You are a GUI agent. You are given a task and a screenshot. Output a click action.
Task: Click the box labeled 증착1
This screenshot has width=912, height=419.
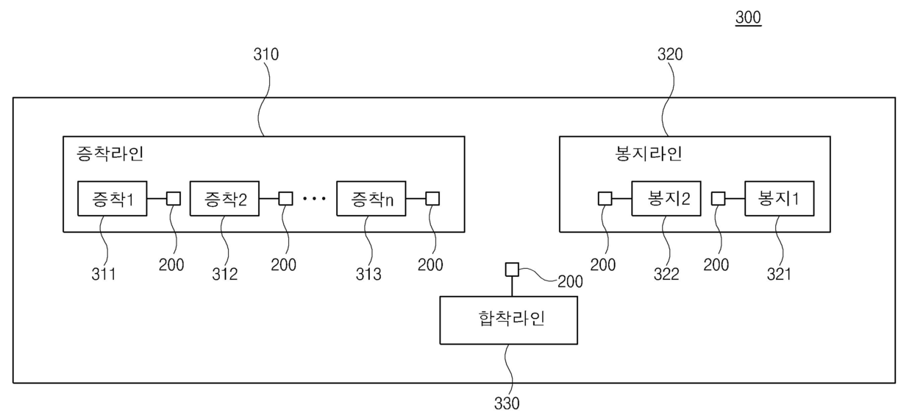pos(112,199)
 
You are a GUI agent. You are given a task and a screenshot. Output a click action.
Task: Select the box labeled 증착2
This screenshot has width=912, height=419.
pos(224,199)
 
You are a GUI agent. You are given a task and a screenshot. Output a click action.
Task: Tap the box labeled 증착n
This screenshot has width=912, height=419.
pos(371,199)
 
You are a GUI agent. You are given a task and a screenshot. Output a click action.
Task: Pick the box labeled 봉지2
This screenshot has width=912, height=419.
pos(666,199)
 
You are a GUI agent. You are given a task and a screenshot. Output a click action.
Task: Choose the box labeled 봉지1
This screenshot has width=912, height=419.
pos(779,199)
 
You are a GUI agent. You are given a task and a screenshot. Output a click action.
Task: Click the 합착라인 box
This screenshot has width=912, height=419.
pos(508,320)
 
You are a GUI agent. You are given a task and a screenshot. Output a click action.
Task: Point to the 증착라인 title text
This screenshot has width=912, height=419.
pos(110,155)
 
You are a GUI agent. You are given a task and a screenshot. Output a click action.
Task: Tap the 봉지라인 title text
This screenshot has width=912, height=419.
pos(648,155)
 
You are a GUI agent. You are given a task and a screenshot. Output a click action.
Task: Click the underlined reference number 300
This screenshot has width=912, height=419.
pos(748,18)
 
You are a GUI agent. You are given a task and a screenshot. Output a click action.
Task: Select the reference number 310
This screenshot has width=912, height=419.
pos(266,54)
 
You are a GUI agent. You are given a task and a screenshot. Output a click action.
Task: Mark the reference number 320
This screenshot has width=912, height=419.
pos(669,54)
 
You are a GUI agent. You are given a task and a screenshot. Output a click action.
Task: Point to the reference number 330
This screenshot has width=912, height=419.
pos(506,404)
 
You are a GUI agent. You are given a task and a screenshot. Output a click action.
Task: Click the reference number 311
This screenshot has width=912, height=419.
pos(104,275)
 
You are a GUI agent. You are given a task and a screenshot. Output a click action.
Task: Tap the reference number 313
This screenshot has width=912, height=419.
pos(368,275)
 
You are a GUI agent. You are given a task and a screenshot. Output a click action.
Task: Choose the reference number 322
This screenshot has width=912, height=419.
pos(667,275)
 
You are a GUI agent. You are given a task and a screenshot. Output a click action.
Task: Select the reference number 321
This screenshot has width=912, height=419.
pos(779,275)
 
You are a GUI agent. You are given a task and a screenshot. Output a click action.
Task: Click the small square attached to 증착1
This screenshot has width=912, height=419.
pos(173,199)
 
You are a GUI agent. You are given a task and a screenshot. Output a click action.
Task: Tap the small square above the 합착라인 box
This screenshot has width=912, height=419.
pos(512,270)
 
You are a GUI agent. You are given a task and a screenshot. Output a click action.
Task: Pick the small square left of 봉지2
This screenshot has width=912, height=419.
pos(604,199)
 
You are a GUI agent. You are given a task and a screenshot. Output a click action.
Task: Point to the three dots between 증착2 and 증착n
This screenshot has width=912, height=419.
pos(314,200)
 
